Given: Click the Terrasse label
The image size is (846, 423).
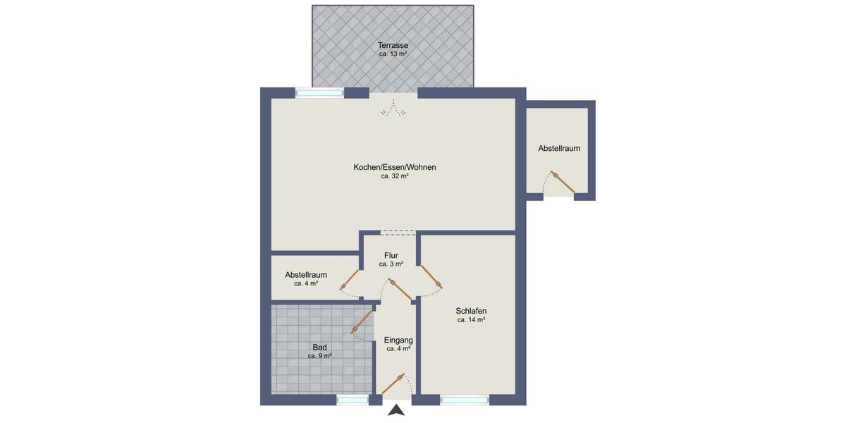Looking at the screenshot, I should tap(393, 45).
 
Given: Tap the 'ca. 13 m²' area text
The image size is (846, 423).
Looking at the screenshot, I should tap(393, 54).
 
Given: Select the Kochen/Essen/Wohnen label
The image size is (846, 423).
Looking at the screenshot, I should tap(395, 167).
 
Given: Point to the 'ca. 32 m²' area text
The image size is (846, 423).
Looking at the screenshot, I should tap(395, 176).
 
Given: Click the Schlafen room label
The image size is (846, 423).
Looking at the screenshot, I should tap(471, 311).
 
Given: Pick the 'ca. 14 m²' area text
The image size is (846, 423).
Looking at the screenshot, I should tap(471, 320).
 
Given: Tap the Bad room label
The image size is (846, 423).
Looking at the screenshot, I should tap(319, 347).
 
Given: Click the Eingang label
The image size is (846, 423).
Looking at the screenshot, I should tap(398, 340).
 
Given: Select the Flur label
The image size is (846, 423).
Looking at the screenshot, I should tap(391, 255).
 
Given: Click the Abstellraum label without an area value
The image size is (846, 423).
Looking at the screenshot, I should tap(559, 149).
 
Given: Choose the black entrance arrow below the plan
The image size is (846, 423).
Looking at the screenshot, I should tap(397, 411).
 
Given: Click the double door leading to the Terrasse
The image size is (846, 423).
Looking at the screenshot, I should tap(393, 106).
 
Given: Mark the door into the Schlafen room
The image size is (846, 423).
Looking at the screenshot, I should tap(431, 277).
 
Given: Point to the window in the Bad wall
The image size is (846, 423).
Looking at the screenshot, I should tap(352, 400).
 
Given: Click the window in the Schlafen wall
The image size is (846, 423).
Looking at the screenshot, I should tap(465, 400).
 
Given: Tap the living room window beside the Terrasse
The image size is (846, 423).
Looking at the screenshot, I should tap(319, 92).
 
